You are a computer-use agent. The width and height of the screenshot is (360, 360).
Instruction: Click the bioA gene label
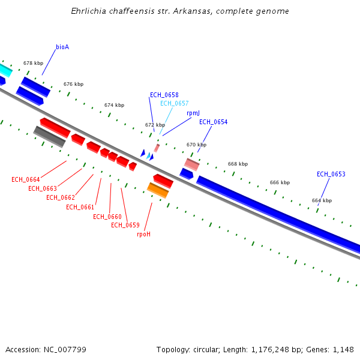(x=62, y=47)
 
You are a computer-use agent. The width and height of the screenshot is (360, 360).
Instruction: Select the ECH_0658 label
(x=164, y=95)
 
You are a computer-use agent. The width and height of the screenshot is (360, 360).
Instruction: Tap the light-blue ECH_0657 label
(x=174, y=103)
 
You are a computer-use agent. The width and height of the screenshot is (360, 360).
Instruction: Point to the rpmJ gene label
(x=193, y=113)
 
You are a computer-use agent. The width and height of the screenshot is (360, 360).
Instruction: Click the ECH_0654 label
(x=213, y=122)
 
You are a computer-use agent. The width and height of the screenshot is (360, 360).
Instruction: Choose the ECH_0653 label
(x=331, y=175)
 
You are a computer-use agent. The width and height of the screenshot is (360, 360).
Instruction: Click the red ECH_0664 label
(x=26, y=180)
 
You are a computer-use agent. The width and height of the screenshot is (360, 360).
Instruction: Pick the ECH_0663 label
(x=43, y=189)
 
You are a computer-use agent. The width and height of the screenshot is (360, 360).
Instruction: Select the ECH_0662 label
(x=61, y=198)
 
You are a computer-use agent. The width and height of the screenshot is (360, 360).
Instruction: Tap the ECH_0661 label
(x=80, y=208)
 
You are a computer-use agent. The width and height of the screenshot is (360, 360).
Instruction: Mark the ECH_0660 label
(x=107, y=217)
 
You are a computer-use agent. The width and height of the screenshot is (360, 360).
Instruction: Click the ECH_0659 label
(x=125, y=226)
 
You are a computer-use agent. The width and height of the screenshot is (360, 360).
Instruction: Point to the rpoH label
(x=144, y=235)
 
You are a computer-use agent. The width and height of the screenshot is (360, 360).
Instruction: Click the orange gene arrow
(x=158, y=190)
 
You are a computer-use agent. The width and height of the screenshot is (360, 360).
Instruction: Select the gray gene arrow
(x=49, y=136)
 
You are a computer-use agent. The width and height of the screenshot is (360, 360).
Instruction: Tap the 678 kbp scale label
(x=34, y=63)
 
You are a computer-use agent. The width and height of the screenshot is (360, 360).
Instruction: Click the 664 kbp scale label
(x=322, y=200)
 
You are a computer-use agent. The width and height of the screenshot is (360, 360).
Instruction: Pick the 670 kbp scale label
(x=196, y=145)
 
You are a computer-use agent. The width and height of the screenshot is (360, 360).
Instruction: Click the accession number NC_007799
(x=46, y=349)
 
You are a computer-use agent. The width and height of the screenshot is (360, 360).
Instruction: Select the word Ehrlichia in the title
(x=86, y=11)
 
